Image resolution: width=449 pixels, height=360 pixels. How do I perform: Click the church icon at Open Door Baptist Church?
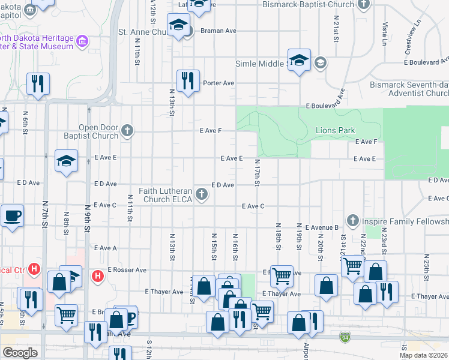click(x=127, y=130)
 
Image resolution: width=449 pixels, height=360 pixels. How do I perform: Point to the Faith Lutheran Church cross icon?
click(x=202, y=194)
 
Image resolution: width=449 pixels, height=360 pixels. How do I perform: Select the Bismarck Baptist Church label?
click(x=308, y=5)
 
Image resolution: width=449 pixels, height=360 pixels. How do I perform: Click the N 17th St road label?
click(x=256, y=173)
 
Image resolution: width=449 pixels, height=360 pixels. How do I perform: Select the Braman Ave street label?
click(x=217, y=30)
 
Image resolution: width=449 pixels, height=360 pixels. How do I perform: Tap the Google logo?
click(x=20, y=353)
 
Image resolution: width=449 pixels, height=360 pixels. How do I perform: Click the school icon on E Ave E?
click(x=66, y=161)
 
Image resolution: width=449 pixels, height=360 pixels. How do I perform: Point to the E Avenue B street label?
click(x=322, y=228)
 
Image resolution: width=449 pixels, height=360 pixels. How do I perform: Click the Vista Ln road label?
click(x=384, y=34)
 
